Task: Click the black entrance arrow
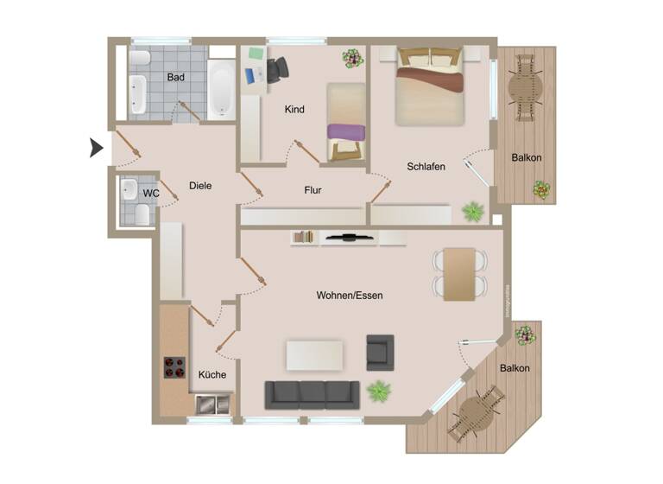point(97,149)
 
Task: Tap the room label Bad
point(176,78)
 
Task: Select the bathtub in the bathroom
point(221,90)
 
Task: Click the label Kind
point(295,110)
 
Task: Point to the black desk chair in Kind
point(278,70)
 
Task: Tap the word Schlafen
point(426,167)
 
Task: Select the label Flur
point(313,190)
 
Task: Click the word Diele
point(200,185)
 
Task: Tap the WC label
point(151,194)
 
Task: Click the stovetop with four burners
point(174,367)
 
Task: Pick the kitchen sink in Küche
point(212,403)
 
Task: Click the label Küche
point(212,375)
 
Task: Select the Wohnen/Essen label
point(350,296)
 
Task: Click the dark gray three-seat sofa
point(312,395)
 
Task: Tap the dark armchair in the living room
point(380,351)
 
